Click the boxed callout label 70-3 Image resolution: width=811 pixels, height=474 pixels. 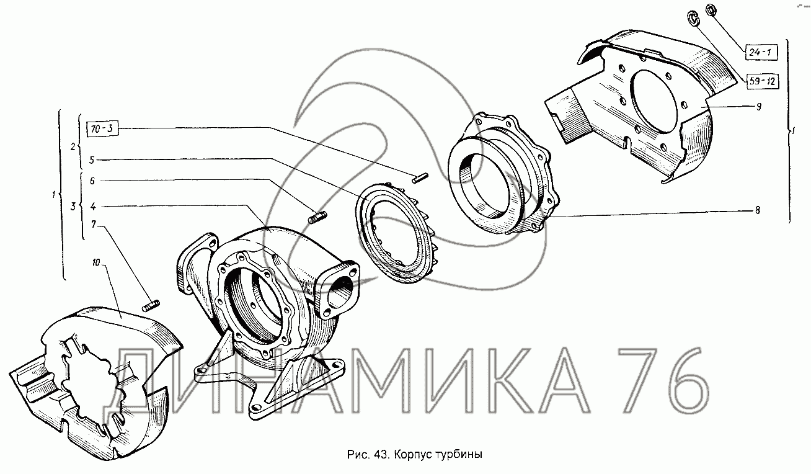pos(102,128)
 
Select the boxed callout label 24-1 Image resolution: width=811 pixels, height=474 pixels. pos(761,52)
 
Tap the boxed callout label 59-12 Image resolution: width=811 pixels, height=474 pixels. pos(762,81)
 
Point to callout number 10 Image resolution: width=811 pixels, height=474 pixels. pos(96,262)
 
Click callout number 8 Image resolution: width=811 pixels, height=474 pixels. pos(758,210)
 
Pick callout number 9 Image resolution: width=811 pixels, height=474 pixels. pos(758,107)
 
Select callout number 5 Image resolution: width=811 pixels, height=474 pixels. pos(92,160)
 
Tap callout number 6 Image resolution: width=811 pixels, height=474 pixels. pos(92,181)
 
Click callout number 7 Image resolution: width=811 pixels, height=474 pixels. pos(94,225)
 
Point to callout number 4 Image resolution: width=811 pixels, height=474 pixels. pos(93,207)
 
